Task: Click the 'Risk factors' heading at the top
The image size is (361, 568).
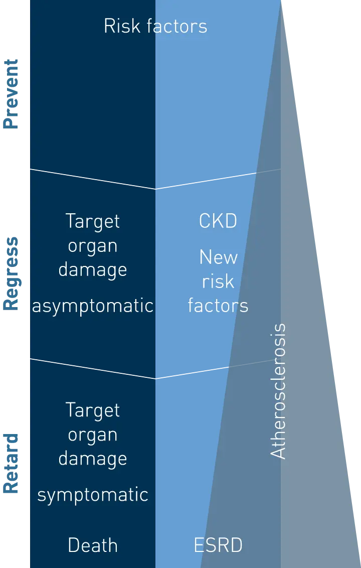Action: click(x=155, y=26)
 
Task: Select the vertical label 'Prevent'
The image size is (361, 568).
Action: click(x=11, y=94)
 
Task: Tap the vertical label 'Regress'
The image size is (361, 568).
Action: click(x=11, y=274)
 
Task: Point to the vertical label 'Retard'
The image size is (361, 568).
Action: click(x=11, y=463)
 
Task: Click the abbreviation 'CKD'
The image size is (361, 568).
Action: click(x=218, y=221)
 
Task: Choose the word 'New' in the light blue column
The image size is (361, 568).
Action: click(x=218, y=257)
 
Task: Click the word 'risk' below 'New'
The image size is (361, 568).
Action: click(x=218, y=281)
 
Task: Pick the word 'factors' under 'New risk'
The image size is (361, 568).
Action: click(x=218, y=305)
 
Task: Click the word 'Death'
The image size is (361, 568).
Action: click(x=93, y=545)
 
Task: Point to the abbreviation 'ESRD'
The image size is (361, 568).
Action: click(x=218, y=545)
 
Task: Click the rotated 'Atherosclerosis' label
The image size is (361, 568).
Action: click(x=278, y=391)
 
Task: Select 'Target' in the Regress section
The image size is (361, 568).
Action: click(x=93, y=221)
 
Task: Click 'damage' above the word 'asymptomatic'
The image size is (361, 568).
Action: click(x=93, y=269)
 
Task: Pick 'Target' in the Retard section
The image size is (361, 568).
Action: click(x=93, y=410)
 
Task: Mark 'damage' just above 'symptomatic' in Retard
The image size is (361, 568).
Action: click(x=93, y=458)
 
